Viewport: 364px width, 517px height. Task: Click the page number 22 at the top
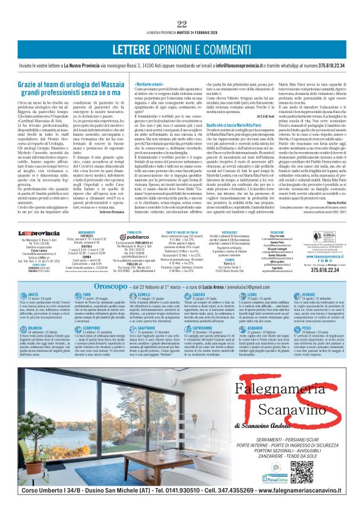[x=182, y=23]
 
